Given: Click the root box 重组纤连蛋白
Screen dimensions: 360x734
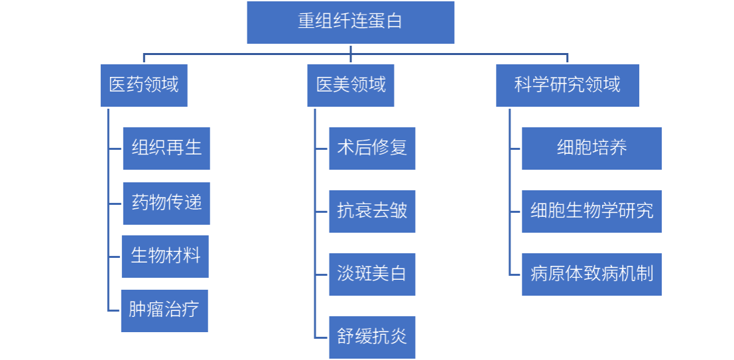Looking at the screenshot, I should (350, 22).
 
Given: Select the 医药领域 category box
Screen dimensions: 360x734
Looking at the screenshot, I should (144, 85).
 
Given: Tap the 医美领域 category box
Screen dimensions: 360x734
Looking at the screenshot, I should (350, 85).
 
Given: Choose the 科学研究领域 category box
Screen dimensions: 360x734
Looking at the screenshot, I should (567, 85).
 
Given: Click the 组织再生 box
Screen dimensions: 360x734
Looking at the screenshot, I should (166, 148).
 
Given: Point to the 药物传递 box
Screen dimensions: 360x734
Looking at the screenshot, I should (166, 203).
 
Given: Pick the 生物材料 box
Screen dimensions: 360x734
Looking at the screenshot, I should (165, 256).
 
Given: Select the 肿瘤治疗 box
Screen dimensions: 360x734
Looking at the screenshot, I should (164, 310).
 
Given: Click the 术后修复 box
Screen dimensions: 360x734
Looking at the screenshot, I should (372, 148).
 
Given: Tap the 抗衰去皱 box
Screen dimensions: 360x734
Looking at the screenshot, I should (372, 211).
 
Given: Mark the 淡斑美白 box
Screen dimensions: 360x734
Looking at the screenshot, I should (372, 274).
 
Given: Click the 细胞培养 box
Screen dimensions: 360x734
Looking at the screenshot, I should (591, 148).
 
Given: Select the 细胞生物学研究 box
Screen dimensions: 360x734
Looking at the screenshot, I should (591, 211).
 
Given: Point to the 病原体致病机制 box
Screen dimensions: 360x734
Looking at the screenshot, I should (591, 274).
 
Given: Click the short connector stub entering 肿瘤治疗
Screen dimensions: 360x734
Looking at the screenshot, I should (114, 310).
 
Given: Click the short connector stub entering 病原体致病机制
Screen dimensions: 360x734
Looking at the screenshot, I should (515, 274).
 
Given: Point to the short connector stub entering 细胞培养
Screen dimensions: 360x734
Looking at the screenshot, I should (515, 148).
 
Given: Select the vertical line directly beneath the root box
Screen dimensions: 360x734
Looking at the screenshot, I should (351, 49).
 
